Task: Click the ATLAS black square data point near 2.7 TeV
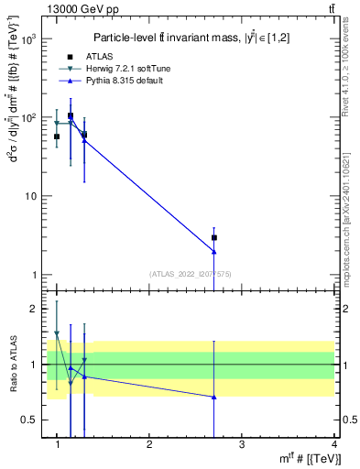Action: [213, 237]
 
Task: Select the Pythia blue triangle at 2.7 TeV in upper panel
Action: [213, 251]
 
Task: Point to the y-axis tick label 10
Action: [31, 197]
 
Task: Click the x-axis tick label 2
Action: [149, 445]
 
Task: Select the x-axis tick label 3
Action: [241, 445]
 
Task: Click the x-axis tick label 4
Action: [333, 445]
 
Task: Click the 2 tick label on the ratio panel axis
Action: [34, 309]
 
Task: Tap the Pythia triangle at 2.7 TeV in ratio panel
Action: [213, 397]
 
